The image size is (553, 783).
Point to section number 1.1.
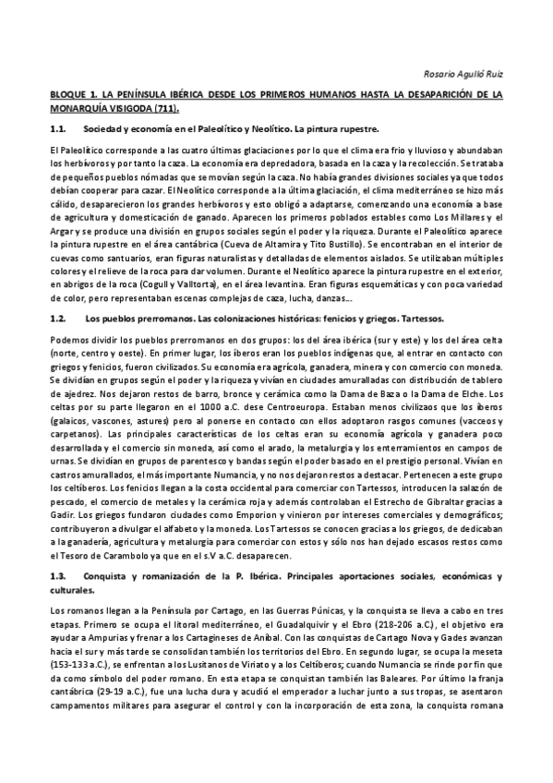[x=60, y=129]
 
